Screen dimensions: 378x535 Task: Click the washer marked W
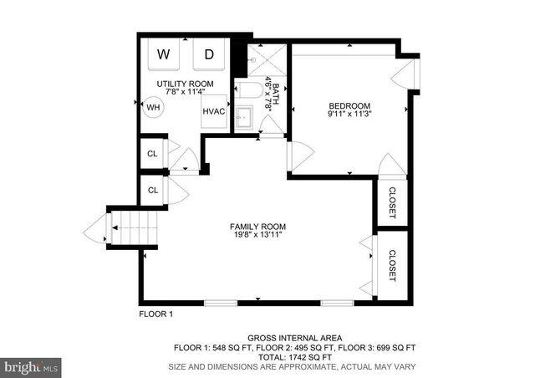pos(164,55)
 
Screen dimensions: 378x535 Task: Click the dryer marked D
pos(209,55)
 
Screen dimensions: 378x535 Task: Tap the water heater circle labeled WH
pos(153,107)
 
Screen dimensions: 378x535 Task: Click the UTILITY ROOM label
pos(185,84)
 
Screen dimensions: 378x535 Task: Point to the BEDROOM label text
pos(349,105)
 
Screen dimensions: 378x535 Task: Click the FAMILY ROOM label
pos(258,227)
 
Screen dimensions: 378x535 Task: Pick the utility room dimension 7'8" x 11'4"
pos(185,94)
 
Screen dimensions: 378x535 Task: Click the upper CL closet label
pos(152,154)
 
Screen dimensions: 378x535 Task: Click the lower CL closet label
pos(152,190)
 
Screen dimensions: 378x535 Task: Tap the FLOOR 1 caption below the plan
pos(155,314)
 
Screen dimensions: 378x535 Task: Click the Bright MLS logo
pos(32,365)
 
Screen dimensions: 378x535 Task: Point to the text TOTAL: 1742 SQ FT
pos(294,356)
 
